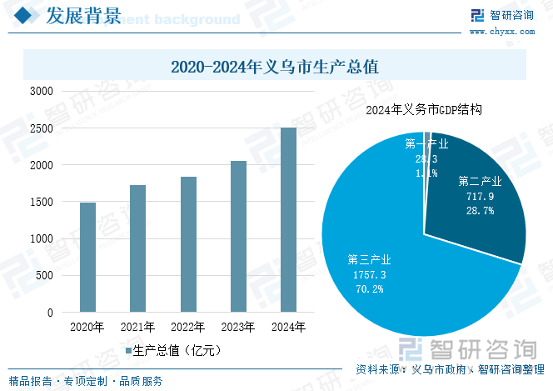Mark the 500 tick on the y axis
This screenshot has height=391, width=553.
click(45, 275)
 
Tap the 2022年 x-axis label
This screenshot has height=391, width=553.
click(188, 327)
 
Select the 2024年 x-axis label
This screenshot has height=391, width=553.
click(288, 327)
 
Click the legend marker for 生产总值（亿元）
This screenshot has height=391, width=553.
click(127, 351)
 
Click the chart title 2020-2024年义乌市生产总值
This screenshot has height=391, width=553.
click(275, 65)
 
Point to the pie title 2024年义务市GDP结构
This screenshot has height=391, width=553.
click(425, 109)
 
